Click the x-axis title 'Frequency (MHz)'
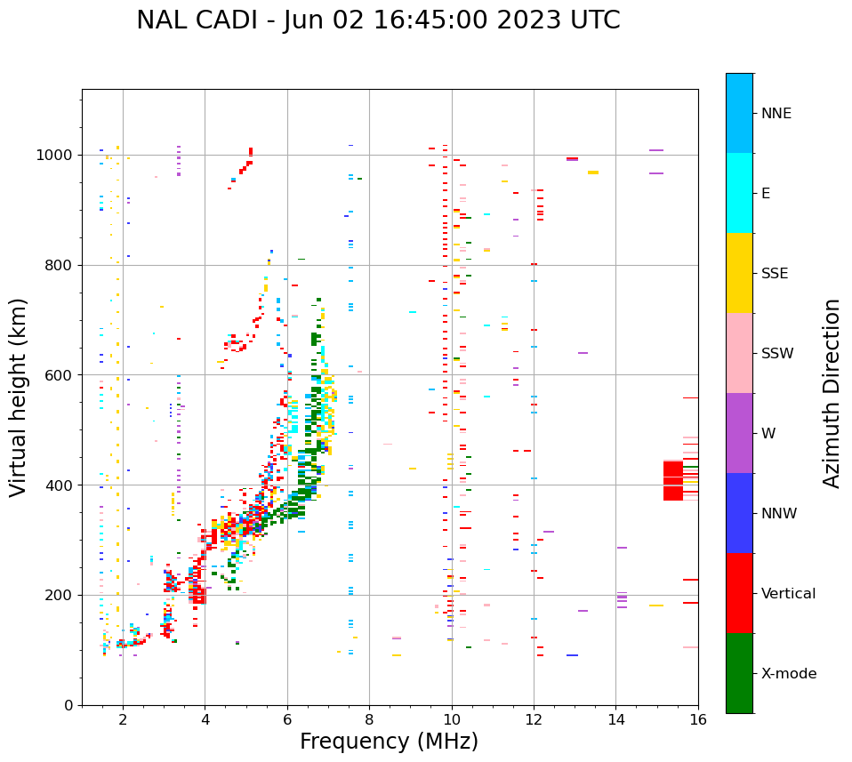(x=389, y=742)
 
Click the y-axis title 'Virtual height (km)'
(x=19, y=397)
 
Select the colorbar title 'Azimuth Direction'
(x=832, y=393)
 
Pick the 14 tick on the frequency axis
(x=616, y=721)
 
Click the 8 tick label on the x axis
(x=369, y=721)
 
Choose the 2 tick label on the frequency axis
(x=123, y=721)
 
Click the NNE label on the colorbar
(x=776, y=114)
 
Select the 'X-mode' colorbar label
(x=788, y=674)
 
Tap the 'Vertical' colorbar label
(x=788, y=594)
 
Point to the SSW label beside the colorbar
(x=777, y=354)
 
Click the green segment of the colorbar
(x=739, y=673)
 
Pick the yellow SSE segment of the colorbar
(x=739, y=273)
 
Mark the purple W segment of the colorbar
(x=739, y=433)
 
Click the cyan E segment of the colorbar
(x=739, y=193)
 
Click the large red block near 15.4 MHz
(x=672, y=481)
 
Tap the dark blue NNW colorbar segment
(x=739, y=513)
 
